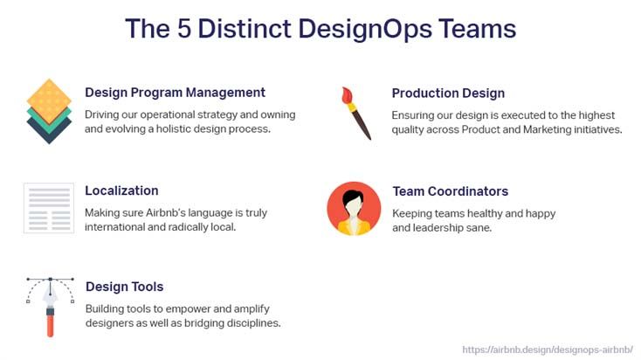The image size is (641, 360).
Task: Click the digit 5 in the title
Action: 184,29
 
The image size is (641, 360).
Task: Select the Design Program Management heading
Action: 175,93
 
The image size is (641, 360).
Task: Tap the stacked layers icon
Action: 49,111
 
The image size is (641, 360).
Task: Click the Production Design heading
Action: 448,93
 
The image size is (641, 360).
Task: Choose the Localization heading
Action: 121,190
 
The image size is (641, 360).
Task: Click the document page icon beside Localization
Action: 49,208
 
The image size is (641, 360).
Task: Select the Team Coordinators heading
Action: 450,191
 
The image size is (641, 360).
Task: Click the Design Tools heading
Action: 124,287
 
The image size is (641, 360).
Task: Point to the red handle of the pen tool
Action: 51,326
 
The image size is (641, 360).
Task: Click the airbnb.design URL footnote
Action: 548,350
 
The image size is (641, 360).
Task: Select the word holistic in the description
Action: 174,128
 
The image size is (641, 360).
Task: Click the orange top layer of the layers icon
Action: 49,101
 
